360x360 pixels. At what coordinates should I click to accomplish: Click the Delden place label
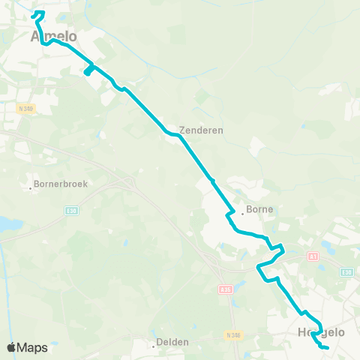click(x=172, y=343)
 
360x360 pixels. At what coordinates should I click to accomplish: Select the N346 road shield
click(x=233, y=335)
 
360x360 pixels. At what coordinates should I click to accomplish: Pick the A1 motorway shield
click(x=313, y=256)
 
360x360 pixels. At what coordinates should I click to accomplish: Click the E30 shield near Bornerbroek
click(x=72, y=211)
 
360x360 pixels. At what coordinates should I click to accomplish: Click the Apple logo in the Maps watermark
click(x=12, y=347)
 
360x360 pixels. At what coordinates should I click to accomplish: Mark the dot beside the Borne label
click(x=242, y=211)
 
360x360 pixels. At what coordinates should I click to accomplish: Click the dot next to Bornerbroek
click(x=30, y=187)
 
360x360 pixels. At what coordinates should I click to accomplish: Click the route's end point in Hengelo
click(x=328, y=347)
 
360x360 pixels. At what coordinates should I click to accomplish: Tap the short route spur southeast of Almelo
click(x=88, y=70)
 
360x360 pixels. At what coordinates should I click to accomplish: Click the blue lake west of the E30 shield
click(x=9, y=224)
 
